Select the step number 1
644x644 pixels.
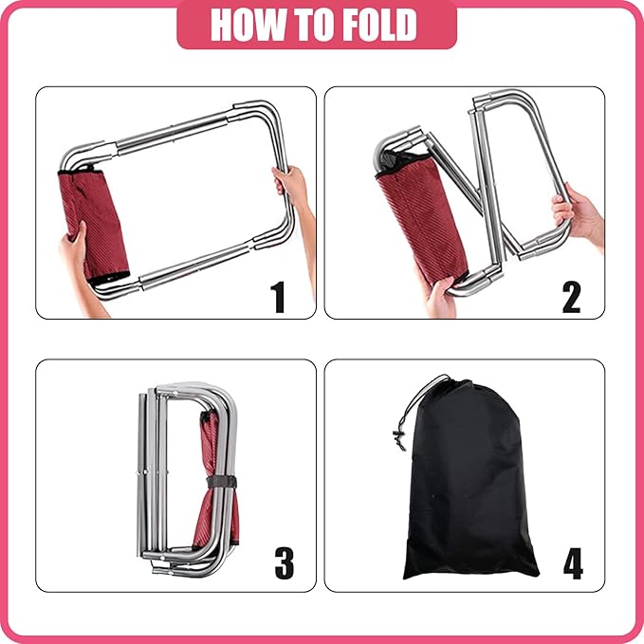[278, 296]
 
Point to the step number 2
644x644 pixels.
[571, 296]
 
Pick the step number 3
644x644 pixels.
[284, 562]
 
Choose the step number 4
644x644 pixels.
[572, 563]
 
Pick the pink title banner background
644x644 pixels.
[190, 26]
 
